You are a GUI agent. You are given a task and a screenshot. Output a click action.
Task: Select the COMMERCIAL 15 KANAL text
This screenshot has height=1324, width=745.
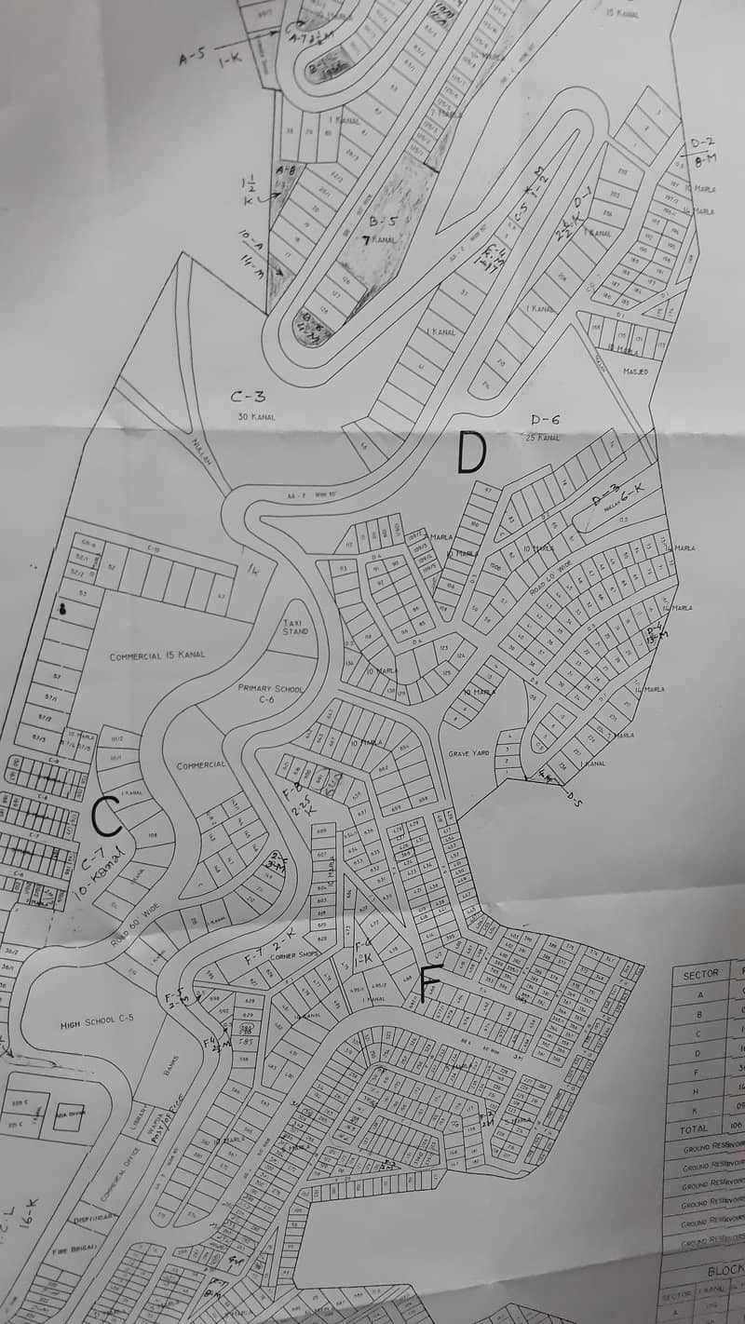156,656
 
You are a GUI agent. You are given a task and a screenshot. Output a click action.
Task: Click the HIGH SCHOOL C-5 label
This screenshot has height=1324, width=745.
97,1020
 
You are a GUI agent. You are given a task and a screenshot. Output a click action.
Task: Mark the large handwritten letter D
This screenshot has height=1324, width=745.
471,455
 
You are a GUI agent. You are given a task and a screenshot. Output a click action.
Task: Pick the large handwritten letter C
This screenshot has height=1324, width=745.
107,817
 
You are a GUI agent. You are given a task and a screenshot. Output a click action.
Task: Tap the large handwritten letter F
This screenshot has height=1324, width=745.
429,984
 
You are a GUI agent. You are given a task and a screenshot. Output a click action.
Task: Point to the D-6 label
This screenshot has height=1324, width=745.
545,420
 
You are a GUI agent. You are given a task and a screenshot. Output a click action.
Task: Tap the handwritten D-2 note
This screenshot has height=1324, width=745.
701,142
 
